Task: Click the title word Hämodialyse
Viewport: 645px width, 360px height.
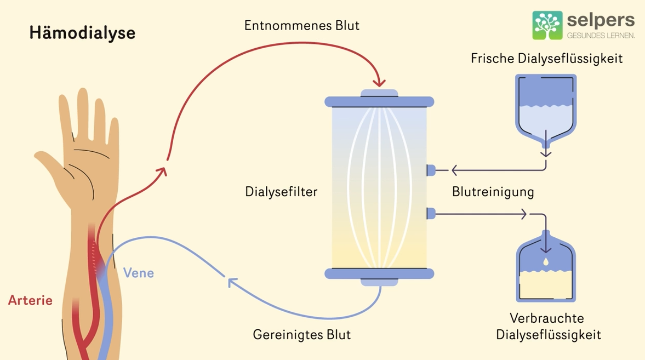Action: click(82, 33)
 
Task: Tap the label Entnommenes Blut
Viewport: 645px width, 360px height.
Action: click(302, 25)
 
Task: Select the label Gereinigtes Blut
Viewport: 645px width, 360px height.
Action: click(301, 334)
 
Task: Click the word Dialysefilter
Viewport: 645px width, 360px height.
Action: click(281, 192)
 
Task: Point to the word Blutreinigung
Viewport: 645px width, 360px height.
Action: click(493, 192)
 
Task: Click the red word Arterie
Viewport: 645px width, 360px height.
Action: click(30, 300)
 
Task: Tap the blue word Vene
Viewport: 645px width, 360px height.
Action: click(139, 272)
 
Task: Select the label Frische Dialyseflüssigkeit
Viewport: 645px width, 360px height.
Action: click(546, 59)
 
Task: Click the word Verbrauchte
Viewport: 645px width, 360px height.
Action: click(546, 318)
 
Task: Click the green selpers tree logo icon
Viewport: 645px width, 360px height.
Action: click(547, 25)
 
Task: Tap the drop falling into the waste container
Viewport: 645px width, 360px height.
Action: click(546, 262)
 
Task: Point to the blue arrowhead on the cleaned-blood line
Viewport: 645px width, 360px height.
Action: click(232, 282)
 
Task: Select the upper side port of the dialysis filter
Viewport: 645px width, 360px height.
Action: click(431, 170)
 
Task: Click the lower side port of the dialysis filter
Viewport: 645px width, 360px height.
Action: click(431, 212)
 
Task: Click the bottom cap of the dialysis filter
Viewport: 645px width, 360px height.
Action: click(379, 275)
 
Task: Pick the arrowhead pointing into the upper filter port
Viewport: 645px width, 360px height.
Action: click(455, 170)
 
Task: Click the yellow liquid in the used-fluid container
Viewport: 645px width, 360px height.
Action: click(546, 285)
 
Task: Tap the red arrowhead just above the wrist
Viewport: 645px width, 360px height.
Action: click(161, 172)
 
